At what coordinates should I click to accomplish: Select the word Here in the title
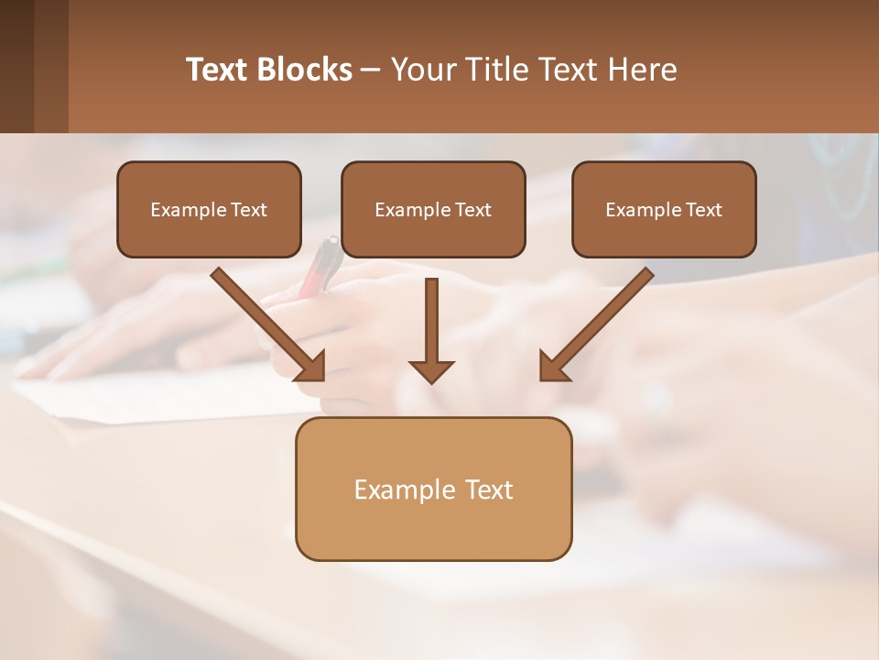point(641,70)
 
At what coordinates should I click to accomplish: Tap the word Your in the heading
point(424,70)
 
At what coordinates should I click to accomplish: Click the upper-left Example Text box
point(209,209)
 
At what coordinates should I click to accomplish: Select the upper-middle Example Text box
point(433,209)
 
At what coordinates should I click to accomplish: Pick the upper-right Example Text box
point(664,209)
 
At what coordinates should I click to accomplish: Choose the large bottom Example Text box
point(433,489)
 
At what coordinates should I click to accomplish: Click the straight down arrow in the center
point(431,321)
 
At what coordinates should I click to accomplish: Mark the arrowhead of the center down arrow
point(431,370)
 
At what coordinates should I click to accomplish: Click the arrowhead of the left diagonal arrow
point(311,367)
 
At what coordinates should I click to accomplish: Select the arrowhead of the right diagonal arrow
point(552,367)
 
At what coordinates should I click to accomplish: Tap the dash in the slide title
point(372,71)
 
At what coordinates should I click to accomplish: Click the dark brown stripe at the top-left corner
point(16,66)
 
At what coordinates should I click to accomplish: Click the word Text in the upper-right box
point(703,210)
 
